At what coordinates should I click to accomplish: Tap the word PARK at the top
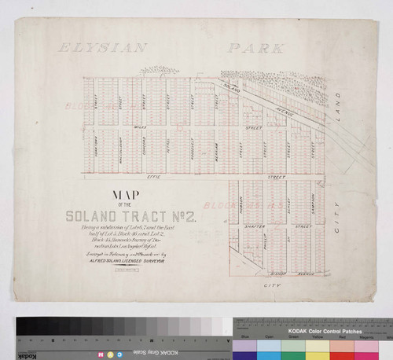pyautogui.click(x=256, y=49)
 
